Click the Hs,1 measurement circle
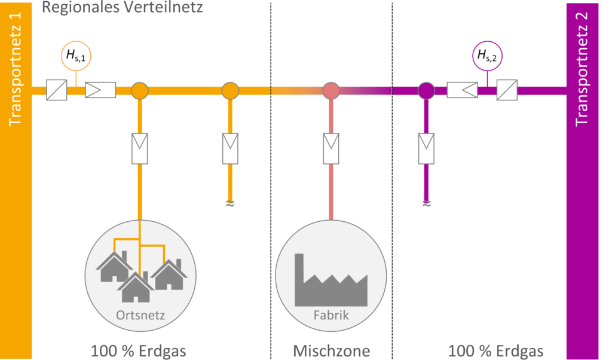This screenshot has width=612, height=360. (x=75, y=57)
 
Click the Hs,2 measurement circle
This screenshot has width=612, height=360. (x=486, y=57)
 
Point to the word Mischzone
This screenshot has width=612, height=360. (x=332, y=349)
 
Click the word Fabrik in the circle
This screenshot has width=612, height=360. (x=331, y=315)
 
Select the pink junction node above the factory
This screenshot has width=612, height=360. (x=331, y=91)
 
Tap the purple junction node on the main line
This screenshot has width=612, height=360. (x=426, y=91)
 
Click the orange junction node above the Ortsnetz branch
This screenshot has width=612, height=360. (x=139, y=91)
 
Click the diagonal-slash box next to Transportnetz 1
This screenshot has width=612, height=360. (x=57, y=91)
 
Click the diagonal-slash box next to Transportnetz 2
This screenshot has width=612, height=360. (x=507, y=91)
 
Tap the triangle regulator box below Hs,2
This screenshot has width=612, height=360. (x=464, y=91)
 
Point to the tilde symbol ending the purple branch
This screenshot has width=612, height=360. (x=426, y=204)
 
